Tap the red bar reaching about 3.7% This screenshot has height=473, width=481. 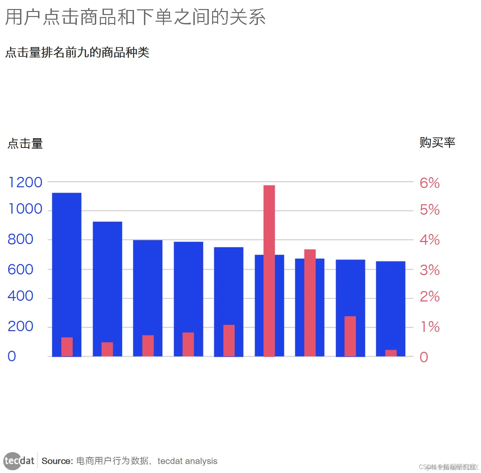coord(310,300)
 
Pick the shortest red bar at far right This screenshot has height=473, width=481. coord(391,353)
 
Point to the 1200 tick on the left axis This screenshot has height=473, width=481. coord(25,183)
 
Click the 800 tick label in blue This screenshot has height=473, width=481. coord(20,239)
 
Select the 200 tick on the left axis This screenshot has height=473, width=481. coord(20,326)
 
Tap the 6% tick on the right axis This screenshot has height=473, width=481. coord(430,183)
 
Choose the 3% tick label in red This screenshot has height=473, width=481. coord(430,270)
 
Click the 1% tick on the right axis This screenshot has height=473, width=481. coord(430,327)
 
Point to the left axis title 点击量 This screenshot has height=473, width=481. coord(25,144)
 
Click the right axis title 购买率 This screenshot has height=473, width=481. coord(437,143)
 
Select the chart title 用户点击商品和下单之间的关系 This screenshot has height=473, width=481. coord(135,17)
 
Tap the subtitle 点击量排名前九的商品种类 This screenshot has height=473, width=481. coord(77,52)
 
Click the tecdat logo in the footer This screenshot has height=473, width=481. coord(19,461)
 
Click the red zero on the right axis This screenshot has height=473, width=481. coord(424,357)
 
